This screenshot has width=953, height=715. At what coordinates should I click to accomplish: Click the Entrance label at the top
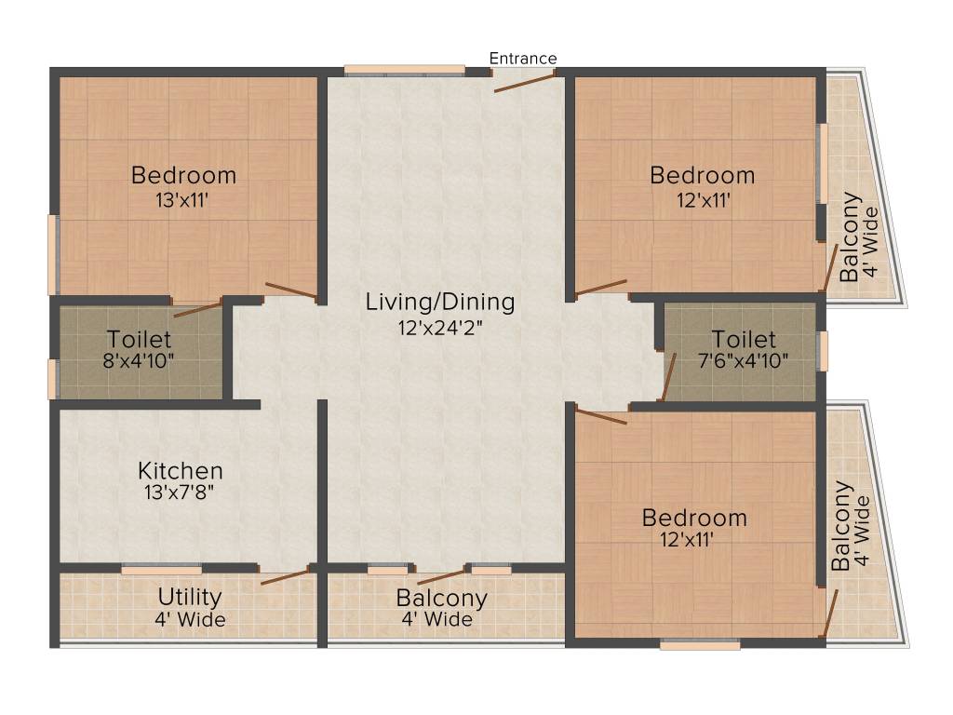[523, 59]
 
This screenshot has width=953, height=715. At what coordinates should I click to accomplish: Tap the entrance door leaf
[525, 82]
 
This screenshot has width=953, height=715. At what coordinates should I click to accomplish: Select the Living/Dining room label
[440, 303]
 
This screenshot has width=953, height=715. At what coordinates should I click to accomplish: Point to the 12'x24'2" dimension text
[440, 329]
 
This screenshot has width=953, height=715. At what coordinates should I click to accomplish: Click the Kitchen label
[181, 470]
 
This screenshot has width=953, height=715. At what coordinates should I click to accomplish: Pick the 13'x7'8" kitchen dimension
[180, 492]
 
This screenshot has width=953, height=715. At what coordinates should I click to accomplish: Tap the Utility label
[190, 598]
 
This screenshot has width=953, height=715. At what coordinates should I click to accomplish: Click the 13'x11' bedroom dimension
[181, 200]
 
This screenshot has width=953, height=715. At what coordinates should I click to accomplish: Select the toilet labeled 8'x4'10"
[139, 360]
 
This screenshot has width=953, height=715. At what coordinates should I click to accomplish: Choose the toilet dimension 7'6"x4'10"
[744, 360]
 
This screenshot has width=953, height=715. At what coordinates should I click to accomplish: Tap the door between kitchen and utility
[285, 576]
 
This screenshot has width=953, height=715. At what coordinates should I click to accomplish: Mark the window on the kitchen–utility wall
[162, 570]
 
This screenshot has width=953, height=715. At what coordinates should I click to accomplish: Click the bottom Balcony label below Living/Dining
[441, 599]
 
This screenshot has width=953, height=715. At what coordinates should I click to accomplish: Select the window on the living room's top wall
[405, 70]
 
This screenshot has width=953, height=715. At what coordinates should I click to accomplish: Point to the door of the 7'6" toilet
[668, 377]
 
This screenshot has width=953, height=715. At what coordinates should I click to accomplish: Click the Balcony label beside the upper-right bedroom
[849, 237]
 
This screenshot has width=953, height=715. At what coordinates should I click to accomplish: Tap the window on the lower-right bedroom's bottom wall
[700, 644]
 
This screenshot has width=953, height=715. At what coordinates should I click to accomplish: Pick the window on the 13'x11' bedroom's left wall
[53, 255]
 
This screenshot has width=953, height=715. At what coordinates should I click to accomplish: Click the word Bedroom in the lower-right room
[694, 518]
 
